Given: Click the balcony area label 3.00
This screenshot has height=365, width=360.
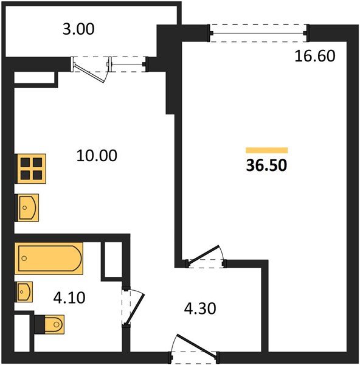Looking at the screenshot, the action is point(78,29).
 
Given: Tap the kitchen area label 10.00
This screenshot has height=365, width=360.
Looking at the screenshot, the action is point(97,156).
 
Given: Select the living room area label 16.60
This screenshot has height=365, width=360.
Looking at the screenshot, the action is point(315,56).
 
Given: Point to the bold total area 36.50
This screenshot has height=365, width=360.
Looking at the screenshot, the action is point(266,165).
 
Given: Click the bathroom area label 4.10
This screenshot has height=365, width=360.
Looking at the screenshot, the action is point(69,297).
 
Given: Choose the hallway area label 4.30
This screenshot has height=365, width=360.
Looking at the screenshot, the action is point(200,308).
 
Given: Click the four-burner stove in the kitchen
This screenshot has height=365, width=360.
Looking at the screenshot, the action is point(30,169).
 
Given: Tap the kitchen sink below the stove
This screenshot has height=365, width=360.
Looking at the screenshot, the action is point(27,207).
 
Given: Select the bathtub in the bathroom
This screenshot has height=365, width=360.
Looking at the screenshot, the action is point(49,259).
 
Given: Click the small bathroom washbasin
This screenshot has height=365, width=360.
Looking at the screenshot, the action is point(24,292).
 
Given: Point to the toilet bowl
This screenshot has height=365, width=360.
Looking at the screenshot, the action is point(55,324).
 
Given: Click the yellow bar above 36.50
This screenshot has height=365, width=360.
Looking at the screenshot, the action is point(267,150).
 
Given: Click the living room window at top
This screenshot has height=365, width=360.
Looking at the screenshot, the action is point(259,33).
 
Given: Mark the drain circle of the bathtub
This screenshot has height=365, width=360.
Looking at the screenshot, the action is point(24,258).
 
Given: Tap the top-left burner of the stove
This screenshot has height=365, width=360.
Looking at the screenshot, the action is point(25,162).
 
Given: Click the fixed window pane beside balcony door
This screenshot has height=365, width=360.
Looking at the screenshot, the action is point(128,64).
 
